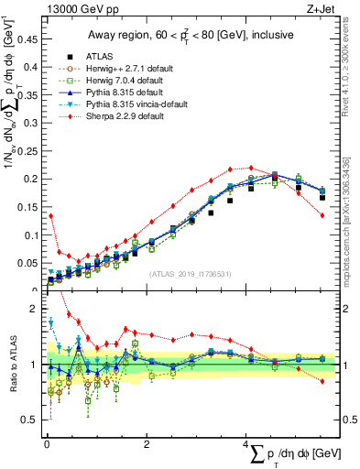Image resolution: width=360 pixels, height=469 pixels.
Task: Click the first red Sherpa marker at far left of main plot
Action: (50, 216)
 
